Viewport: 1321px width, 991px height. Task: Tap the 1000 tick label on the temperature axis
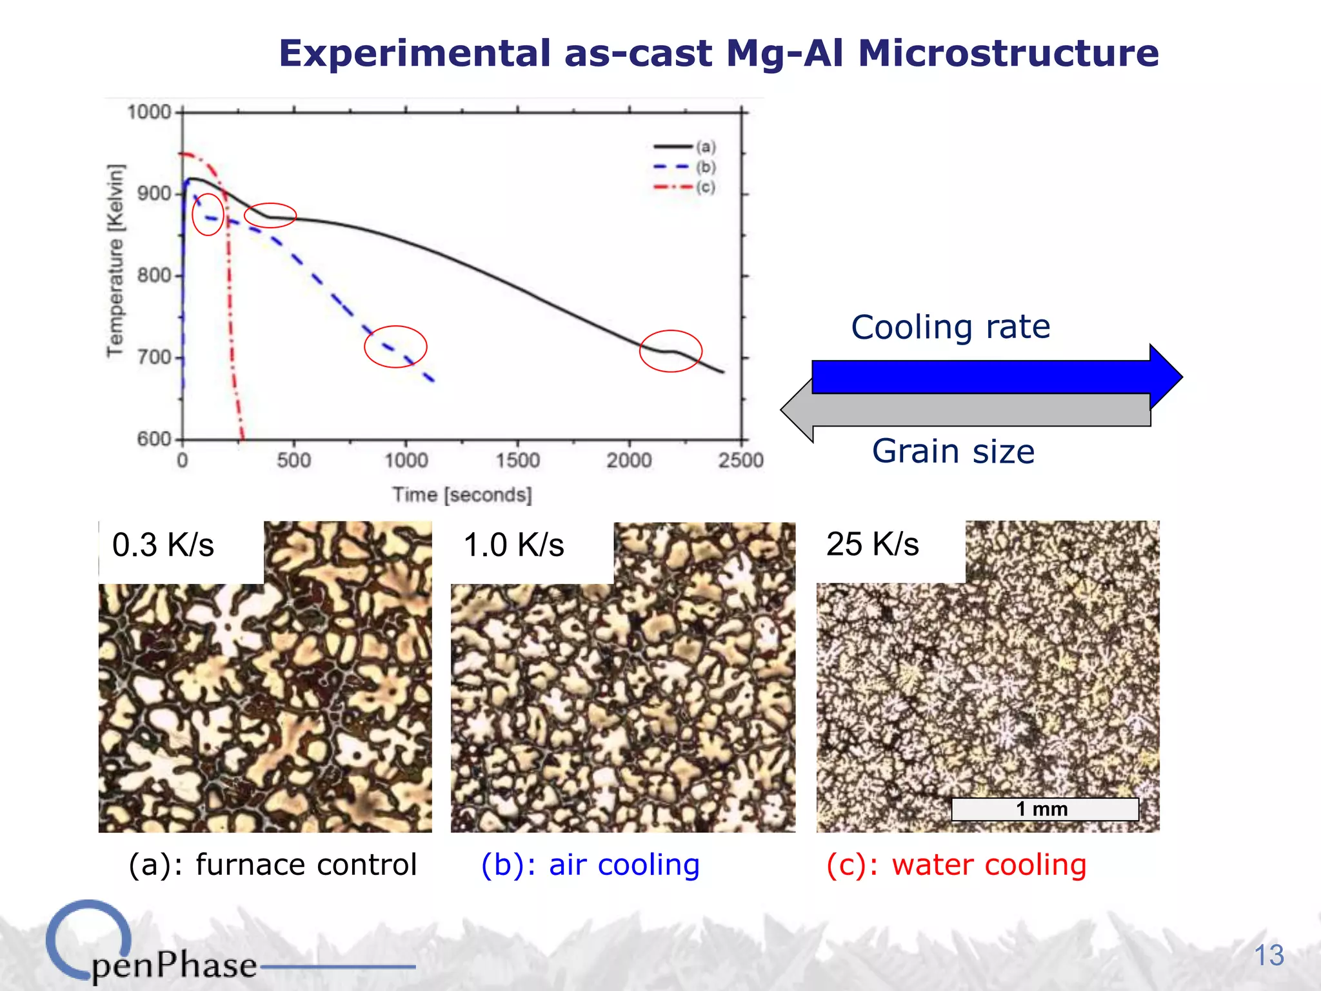point(148,112)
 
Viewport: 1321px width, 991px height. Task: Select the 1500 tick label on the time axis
point(517,460)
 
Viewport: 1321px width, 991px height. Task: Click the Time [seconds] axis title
point(462,495)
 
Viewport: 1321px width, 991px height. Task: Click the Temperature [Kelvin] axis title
point(115,260)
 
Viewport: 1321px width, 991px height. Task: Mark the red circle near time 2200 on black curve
point(671,351)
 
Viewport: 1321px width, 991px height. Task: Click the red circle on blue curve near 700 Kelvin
point(395,346)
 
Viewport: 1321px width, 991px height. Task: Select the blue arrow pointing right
point(993,377)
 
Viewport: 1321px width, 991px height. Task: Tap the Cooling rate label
point(951,327)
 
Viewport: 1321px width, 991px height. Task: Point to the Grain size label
point(953,451)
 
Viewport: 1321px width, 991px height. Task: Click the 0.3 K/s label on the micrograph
point(163,545)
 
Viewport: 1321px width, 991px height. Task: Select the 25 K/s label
point(873,544)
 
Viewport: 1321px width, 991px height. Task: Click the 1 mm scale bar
point(1044,809)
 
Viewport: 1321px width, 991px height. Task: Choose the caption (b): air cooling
point(590,865)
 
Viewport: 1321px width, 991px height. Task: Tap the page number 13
point(1269,955)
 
